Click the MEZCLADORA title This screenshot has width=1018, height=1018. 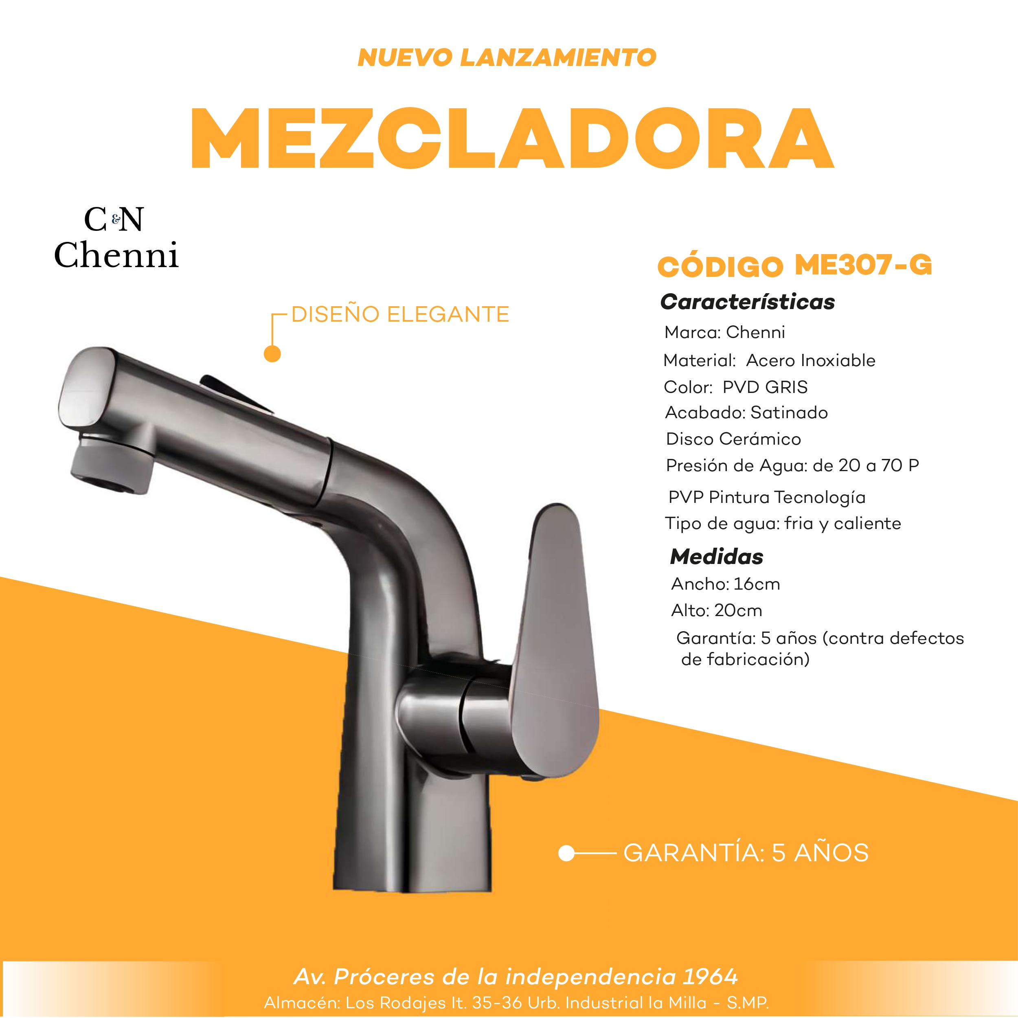tap(511, 138)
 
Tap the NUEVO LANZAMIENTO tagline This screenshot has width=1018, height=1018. tap(507, 57)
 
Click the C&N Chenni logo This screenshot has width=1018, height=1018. tap(116, 238)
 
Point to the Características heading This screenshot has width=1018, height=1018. tap(747, 302)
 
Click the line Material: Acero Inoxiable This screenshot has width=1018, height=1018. tap(769, 360)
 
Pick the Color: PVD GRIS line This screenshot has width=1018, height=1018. tap(735, 387)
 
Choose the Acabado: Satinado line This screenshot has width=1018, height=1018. tap(746, 412)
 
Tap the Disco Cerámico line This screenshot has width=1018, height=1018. tap(733, 439)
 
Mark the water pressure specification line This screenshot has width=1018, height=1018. tap(792, 465)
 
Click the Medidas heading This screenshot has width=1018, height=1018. tap(717, 557)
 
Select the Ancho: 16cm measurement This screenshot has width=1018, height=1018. tap(726, 584)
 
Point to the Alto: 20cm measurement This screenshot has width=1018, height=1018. tap(717, 611)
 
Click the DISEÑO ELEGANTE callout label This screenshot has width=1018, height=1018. tap(400, 315)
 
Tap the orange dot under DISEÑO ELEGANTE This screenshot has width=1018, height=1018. tap(272, 353)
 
